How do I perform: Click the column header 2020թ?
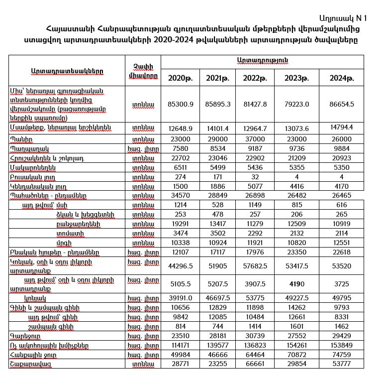click(x=180, y=78)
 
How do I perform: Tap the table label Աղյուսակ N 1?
click(x=344, y=18)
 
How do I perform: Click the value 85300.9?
click(x=180, y=104)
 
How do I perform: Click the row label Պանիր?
click(x=23, y=139)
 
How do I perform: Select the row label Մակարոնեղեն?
click(x=32, y=168)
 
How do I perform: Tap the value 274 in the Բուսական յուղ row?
click(x=180, y=177)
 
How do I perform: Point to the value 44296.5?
click(x=180, y=266)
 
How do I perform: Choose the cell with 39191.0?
click(x=180, y=298)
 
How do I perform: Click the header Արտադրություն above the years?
click(x=262, y=60)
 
